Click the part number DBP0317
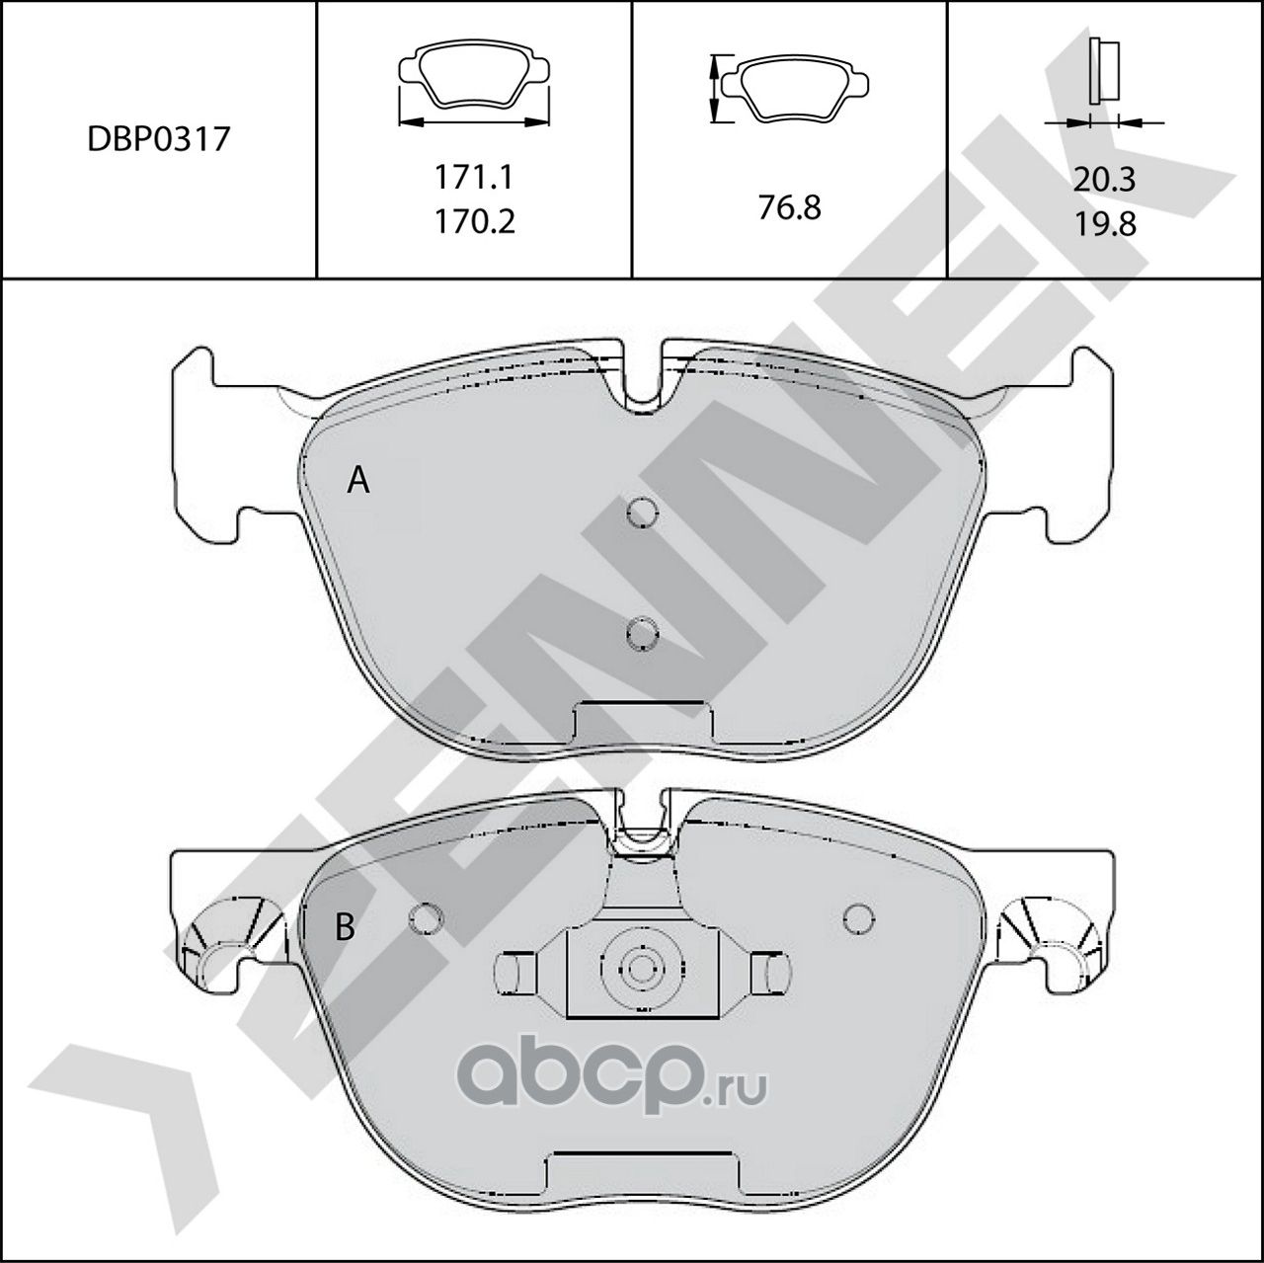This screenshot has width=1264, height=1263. tap(158, 138)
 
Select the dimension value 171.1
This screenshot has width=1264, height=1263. tap(475, 178)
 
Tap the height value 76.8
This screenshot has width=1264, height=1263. tap(789, 207)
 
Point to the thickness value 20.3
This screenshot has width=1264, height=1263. tap(1105, 180)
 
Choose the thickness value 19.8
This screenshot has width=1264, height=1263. tap(1105, 223)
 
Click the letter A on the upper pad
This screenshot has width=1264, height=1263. tap(358, 481)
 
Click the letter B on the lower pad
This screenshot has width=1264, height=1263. tap(345, 927)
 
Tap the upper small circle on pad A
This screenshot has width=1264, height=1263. tap(643, 512)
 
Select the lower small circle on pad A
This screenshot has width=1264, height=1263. tap(643, 631)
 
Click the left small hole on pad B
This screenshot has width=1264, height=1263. tap(426, 917)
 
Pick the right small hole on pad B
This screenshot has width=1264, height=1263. tap(860, 917)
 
